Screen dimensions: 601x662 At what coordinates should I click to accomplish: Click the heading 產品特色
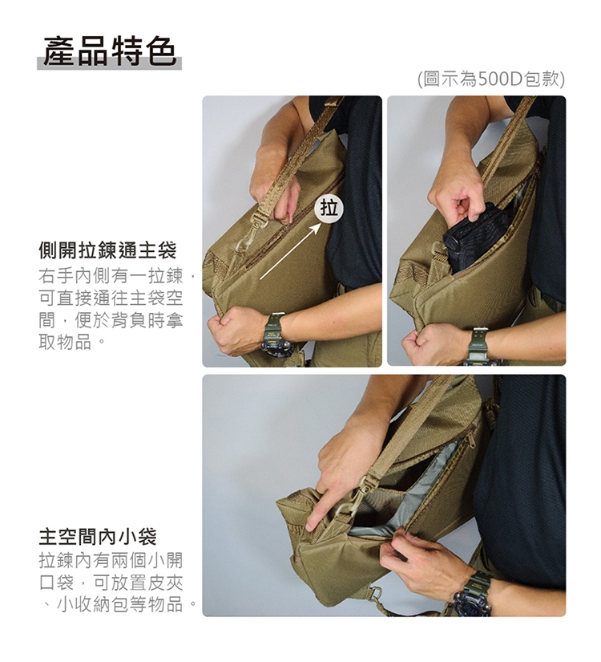pos(110,51)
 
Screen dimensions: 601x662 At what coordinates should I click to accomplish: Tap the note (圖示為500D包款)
pos(491,79)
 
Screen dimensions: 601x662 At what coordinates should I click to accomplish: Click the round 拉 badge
pos(329,209)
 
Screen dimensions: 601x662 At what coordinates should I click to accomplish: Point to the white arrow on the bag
pos(291,251)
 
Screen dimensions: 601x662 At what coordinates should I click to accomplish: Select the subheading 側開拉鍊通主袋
pos(107,250)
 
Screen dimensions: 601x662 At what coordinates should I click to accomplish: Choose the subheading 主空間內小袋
pos(98,536)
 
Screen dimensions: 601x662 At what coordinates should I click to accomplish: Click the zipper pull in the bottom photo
pos(471,438)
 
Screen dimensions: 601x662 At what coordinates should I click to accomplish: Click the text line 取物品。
pos(71,342)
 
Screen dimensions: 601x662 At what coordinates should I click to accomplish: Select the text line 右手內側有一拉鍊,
pos(117,276)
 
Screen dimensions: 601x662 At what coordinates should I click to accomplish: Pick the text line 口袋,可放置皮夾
pos(111,583)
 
